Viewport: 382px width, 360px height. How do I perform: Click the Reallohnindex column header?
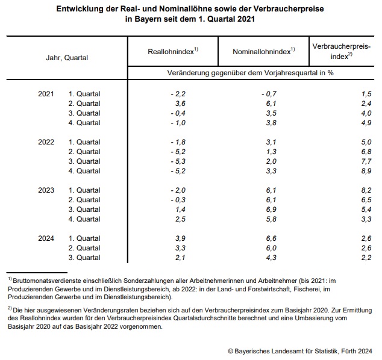[173, 51]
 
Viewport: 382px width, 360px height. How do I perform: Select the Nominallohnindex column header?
[264, 51]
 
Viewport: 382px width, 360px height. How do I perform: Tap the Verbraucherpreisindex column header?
[342, 51]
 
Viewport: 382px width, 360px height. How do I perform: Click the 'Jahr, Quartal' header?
[67, 58]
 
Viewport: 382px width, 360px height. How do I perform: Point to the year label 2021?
[46, 94]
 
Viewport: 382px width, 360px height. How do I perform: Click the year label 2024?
[46, 238]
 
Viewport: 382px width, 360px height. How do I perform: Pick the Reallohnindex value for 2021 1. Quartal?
[178, 94]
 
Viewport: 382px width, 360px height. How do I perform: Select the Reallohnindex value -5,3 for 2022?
[178, 161]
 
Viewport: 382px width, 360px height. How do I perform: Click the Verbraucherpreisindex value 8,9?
[366, 171]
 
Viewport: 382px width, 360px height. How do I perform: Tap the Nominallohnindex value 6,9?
[271, 209]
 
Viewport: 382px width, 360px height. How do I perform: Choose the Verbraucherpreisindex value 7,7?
[366, 161]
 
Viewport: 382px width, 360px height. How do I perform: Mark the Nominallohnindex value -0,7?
[269, 94]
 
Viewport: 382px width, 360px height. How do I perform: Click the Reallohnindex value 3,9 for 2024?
[180, 238]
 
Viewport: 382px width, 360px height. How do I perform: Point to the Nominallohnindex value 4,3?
[271, 258]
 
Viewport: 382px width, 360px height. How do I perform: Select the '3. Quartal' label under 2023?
[84, 209]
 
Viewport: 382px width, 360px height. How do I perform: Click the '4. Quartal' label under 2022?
[84, 171]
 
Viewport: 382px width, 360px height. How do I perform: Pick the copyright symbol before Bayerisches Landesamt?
[231, 351]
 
